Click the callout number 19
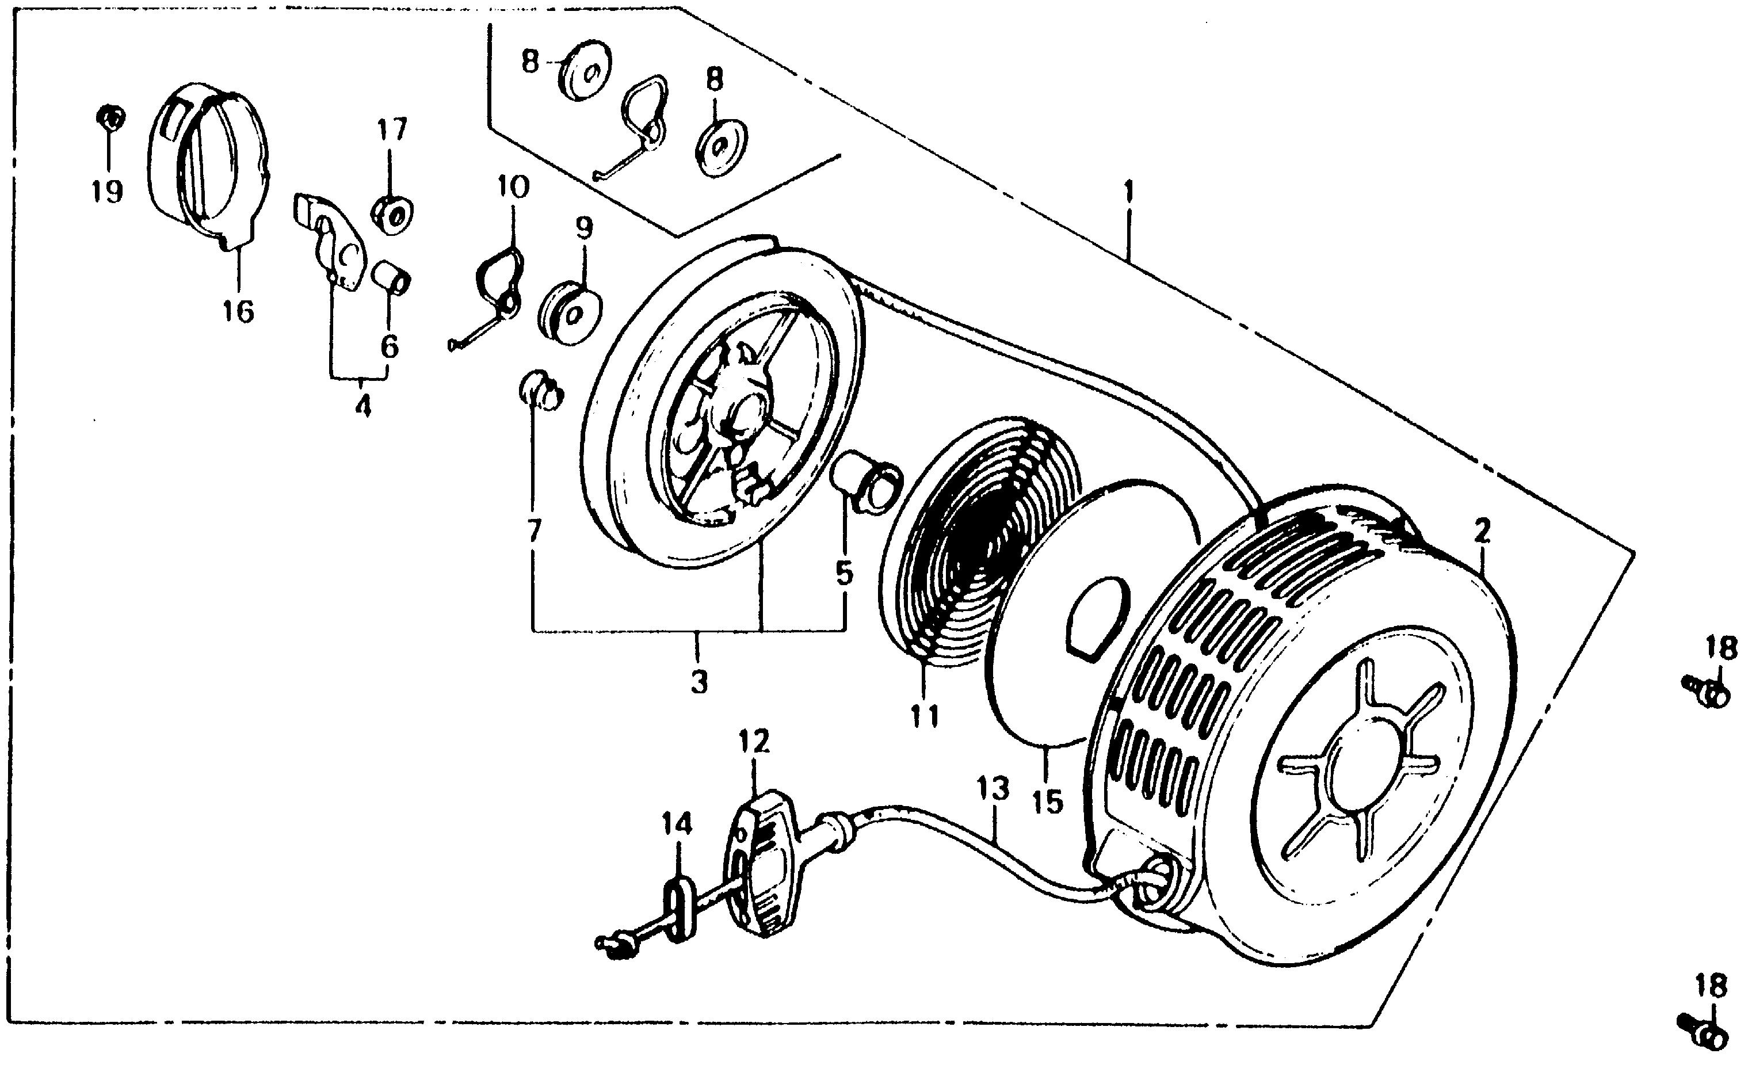click(107, 191)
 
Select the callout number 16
click(238, 311)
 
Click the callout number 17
click(392, 131)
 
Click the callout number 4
click(362, 407)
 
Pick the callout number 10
click(513, 188)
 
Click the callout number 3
click(699, 682)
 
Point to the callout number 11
click(925, 717)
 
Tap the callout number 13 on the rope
click(992, 788)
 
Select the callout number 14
click(676, 824)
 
